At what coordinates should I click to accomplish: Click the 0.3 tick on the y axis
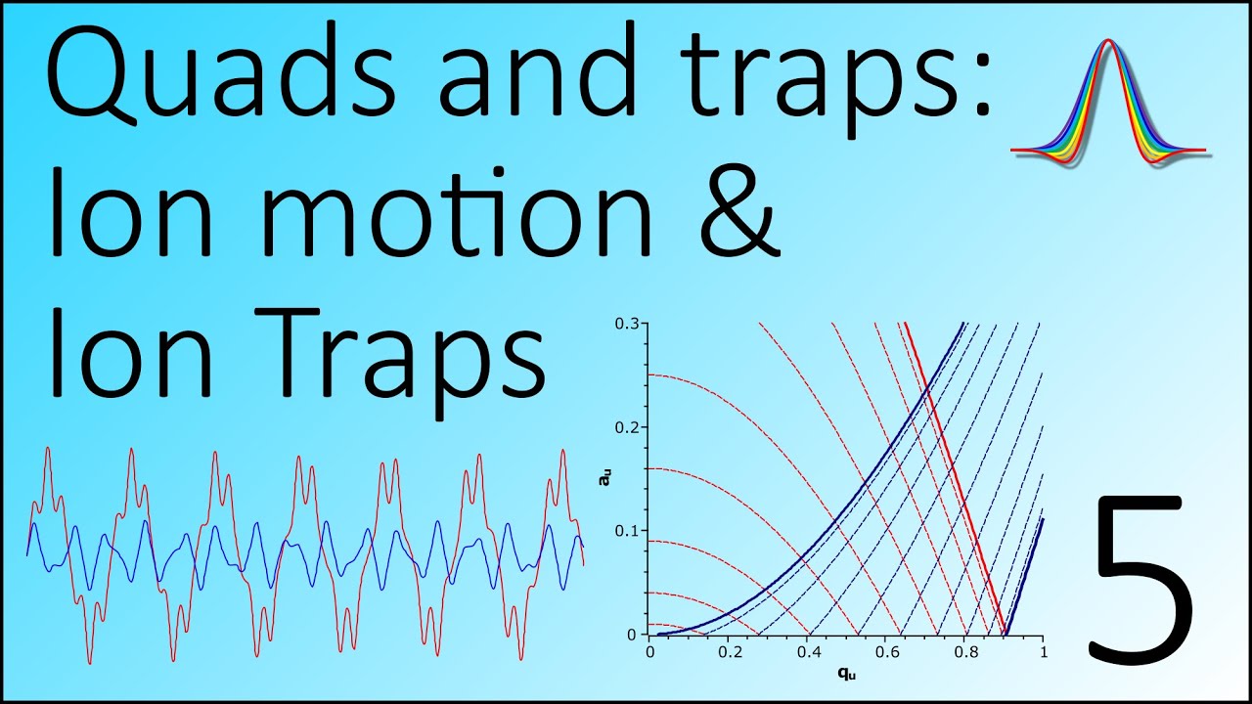627,324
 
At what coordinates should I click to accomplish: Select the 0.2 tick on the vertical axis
627,427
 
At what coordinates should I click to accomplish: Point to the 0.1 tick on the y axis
627,531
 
